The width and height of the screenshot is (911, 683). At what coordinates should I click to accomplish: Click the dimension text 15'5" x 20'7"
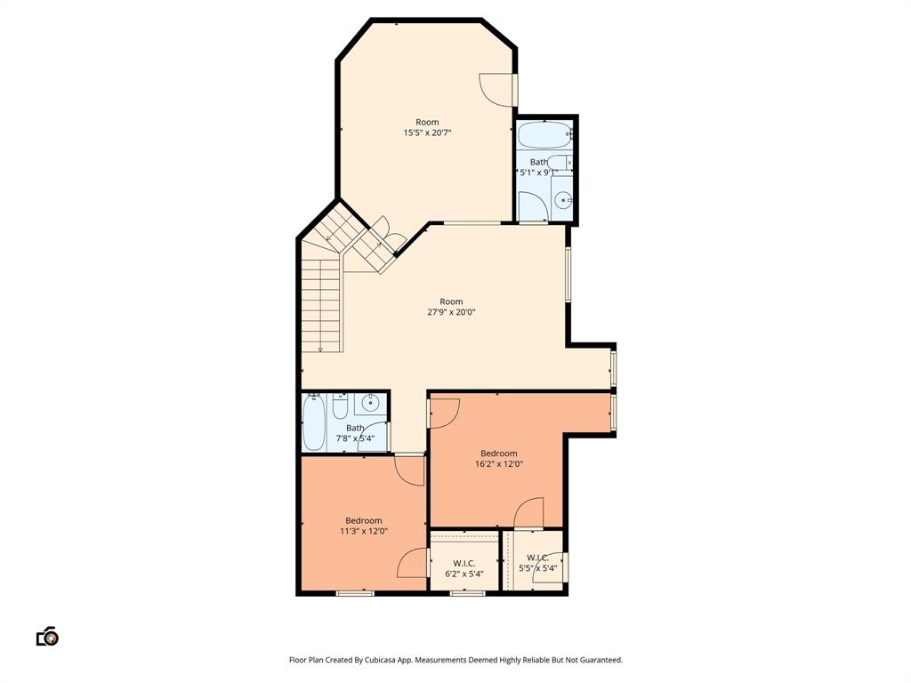click(427, 133)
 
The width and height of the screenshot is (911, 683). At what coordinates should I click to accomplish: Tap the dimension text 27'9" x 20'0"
click(451, 312)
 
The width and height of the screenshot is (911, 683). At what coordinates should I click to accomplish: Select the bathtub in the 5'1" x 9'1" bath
click(544, 136)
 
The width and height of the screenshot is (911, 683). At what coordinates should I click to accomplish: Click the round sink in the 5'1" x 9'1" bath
click(562, 200)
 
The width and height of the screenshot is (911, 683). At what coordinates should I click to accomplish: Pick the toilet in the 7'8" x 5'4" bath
click(339, 408)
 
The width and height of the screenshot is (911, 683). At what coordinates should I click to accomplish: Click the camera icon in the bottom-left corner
click(47, 637)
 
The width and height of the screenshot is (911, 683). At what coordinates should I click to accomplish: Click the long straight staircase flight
click(321, 302)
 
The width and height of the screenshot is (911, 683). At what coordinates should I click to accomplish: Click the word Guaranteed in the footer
click(600, 660)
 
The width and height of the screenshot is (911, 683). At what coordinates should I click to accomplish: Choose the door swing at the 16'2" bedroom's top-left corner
click(444, 412)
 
